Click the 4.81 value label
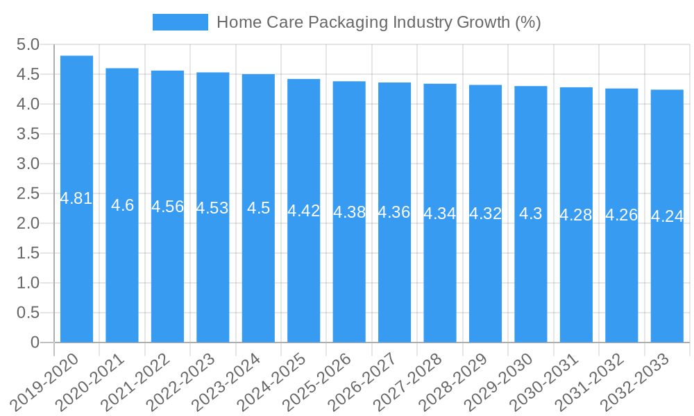click(x=76, y=198)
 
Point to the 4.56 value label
click(x=167, y=207)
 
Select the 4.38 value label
click(x=349, y=212)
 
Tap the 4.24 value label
click(x=667, y=216)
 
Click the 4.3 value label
click(x=531, y=214)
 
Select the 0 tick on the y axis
click(x=35, y=343)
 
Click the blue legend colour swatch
click(x=180, y=22)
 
